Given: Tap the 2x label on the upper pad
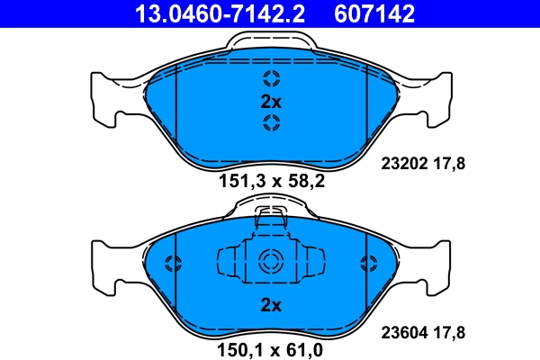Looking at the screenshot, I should click(x=271, y=101).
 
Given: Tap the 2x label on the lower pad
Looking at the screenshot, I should click(x=271, y=305).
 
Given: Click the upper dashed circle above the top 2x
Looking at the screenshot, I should click(x=271, y=78).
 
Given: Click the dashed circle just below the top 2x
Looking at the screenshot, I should click(x=271, y=123).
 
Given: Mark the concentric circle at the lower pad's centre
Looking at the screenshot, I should click(x=271, y=263).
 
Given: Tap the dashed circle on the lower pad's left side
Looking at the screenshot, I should click(x=175, y=264).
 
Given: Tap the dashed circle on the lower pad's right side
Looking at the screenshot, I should click(x=367, y=264).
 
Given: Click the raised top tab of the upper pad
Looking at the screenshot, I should click(x=271, y=41).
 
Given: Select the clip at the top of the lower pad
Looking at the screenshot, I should click(x=271, y=216).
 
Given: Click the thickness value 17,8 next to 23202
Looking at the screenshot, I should click(x=449, y=163).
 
